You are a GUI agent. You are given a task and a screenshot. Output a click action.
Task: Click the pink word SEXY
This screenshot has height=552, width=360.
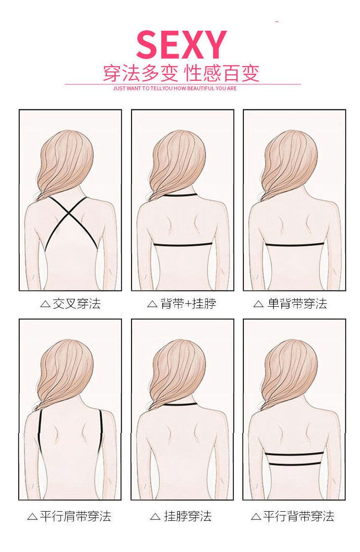coord(181,45)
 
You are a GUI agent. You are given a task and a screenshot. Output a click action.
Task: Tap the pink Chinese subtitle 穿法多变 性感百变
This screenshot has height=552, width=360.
coord(181,73)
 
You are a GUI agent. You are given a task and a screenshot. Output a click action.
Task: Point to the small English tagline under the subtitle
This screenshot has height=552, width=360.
coord(175,88)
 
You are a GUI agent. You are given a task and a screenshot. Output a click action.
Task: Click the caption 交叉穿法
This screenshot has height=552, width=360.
coord(77,303)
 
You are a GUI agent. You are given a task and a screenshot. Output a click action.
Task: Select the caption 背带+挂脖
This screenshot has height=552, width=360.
coord(188,303)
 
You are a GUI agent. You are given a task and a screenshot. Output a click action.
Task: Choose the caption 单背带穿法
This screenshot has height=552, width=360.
coord(298,303)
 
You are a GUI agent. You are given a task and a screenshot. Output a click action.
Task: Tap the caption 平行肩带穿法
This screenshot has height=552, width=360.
coord(75,516)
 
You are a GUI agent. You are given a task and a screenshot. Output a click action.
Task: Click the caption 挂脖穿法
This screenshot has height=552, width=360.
coord(188,516)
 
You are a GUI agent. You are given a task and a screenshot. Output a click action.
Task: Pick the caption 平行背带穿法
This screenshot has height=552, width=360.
coord(299,516)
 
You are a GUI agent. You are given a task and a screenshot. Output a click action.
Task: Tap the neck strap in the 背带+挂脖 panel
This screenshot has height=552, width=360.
coord(180,195)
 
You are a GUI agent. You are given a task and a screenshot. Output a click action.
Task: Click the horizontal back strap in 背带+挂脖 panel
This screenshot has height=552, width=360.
coord(183,245)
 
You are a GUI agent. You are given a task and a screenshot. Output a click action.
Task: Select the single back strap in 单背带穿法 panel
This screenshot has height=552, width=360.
coord(295,245)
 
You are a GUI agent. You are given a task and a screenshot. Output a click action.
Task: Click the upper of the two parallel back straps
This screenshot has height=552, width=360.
coord(295,454)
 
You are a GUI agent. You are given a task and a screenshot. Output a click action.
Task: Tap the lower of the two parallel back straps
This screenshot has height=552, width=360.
coord(295,464)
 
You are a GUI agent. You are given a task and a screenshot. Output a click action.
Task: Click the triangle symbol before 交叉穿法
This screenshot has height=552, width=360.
coord(46,304)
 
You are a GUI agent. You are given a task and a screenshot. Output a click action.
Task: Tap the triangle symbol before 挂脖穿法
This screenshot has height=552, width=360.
coord(155,517)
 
